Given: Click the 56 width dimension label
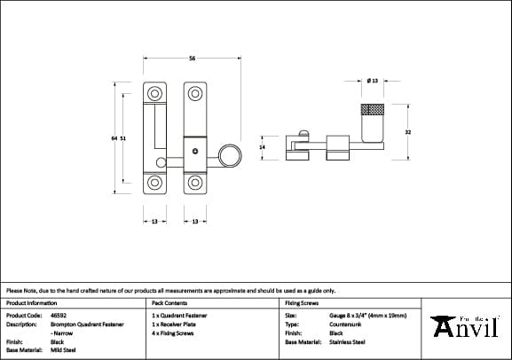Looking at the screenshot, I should click(x=192, y=59).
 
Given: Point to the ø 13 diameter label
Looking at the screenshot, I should click(x=373, y=81).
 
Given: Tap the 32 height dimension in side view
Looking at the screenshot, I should click(x=407, y=132).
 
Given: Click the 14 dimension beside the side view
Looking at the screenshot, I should click(x=262, y=146).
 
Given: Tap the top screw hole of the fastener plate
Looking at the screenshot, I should click(x=194, y=92).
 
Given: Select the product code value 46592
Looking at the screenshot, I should click(x=59, y=315).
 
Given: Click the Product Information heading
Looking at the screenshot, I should click(x=31, y=302).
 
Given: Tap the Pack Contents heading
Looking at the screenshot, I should click(x=168, y=302).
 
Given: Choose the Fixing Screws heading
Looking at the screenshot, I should click(x=302, y=302).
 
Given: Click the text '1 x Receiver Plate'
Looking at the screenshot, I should click(x=174, y=324).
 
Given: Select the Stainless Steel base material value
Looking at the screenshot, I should click(x=348, y=341).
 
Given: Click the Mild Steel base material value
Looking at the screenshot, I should click(x=62, y=350).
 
